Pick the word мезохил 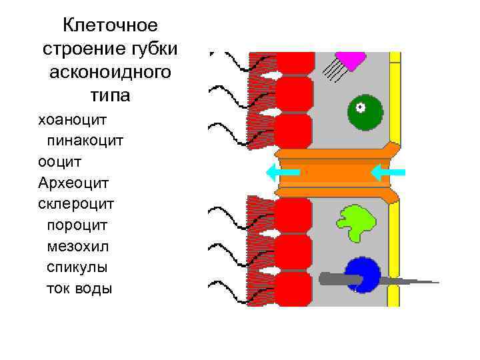[77, 246]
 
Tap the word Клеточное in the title [110, 26]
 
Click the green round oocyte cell [365, 111]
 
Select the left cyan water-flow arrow [281, 173]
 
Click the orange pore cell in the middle [333, 173]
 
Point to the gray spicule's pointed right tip [437, 282]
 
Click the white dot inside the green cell [360, 107]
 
